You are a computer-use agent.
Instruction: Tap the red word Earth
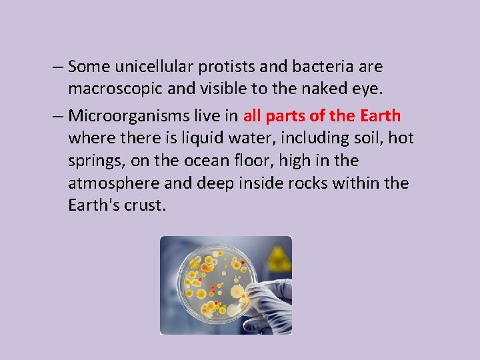coord(380,116)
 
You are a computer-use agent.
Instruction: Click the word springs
coord(94,161)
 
